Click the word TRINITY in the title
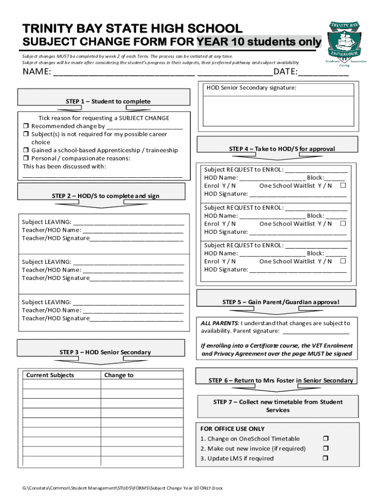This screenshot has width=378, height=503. point(43,29)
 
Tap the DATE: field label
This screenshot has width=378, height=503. point(285,73)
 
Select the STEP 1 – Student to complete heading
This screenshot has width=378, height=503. point(108,102)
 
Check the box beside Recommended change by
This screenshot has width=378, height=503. point(26,126)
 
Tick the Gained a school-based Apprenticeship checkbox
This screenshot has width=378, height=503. point(26,150)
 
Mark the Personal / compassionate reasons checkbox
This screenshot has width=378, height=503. point(26,159)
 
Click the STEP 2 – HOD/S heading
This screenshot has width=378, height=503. point(106,196)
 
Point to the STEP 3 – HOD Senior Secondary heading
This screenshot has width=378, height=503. point(105,352)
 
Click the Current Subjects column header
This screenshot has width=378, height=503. point(50,375)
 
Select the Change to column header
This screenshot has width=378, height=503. point(119,375)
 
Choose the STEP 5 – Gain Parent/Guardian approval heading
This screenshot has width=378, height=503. point(280,302)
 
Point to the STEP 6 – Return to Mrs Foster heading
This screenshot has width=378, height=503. point(280,381)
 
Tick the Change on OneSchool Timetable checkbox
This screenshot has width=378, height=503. point(325,439)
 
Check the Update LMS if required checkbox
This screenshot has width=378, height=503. point(325,458)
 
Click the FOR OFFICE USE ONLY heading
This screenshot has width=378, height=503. point(232,429)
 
